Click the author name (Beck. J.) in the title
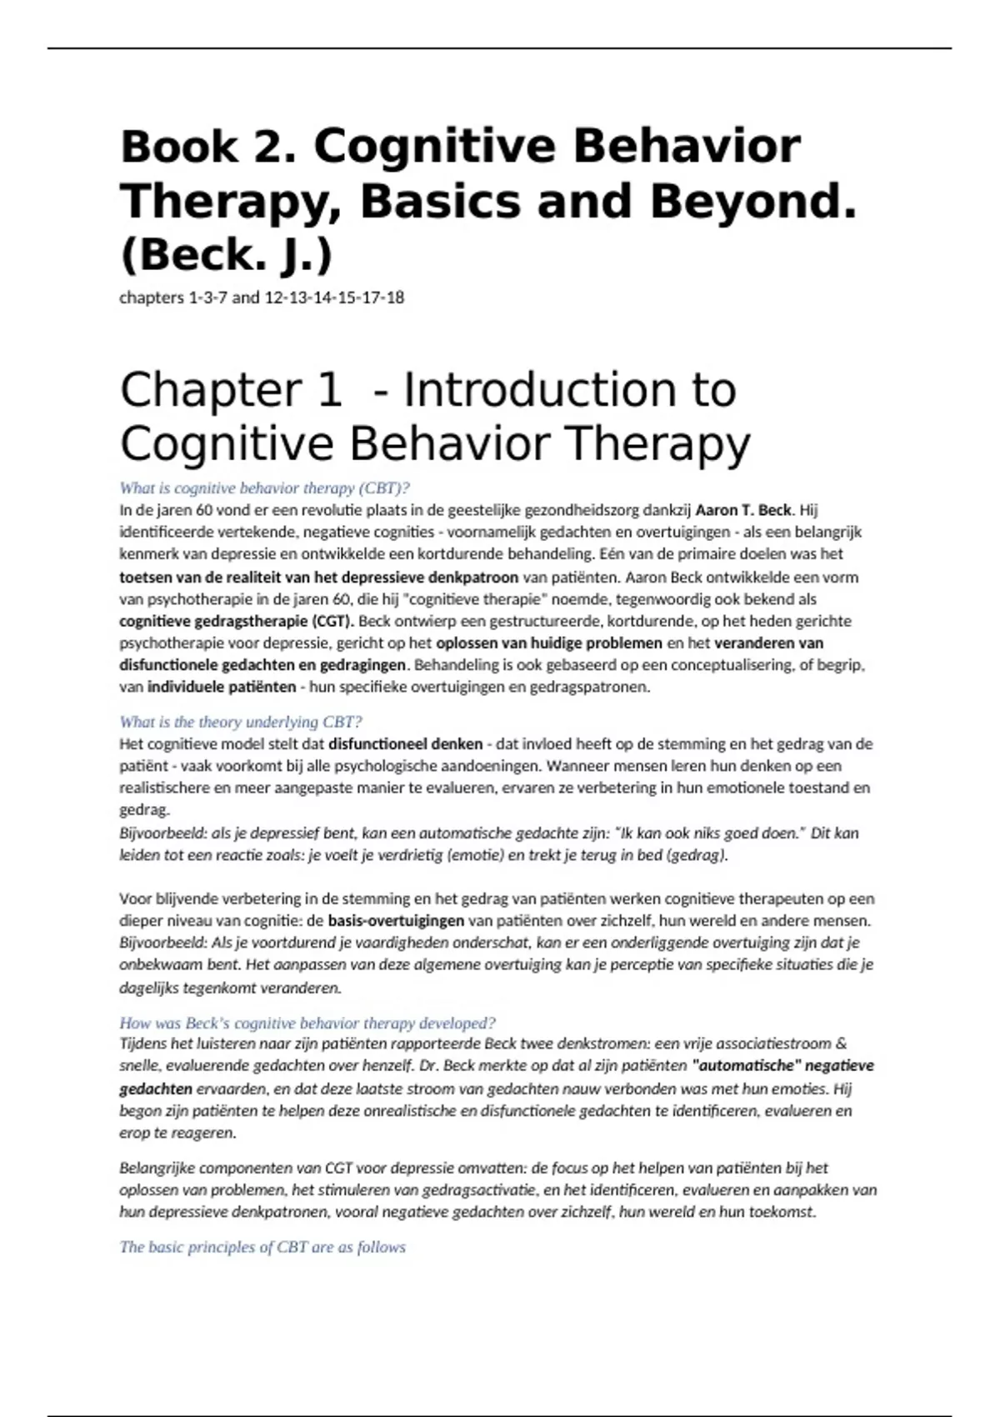226,255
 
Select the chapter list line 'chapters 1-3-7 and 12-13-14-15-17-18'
262,298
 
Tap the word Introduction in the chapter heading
569,390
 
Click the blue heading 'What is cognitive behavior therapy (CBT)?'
264,488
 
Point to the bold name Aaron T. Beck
743,510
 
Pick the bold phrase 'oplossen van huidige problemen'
549,643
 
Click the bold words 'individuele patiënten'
222,687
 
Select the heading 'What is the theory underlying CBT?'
241,722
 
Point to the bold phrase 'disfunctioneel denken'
406,744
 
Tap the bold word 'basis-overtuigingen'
396,921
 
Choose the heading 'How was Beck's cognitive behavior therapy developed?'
307,1023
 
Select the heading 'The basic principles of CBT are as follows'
262,1247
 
